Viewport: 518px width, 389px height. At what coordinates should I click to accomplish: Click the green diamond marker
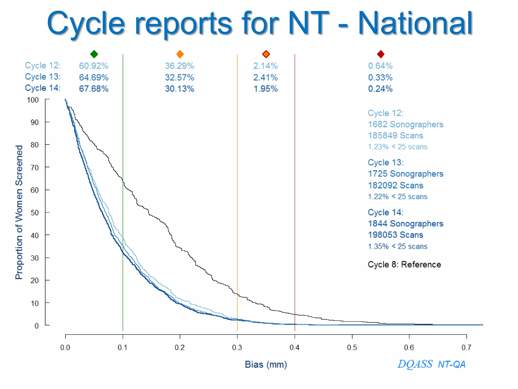tap(94, 54)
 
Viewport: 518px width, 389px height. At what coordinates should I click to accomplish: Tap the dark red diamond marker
tap(380, 54)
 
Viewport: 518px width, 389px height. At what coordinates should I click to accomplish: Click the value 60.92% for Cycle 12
tap(94, 66)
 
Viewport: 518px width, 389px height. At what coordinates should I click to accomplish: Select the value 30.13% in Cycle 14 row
tap(179, 89)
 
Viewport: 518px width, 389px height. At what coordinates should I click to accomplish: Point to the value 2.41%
tap(265, 77)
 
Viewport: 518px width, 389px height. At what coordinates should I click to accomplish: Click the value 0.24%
tap(380, 89)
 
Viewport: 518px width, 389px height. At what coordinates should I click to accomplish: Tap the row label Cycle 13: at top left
tap(42, 76)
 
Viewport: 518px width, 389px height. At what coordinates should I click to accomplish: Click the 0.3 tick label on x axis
tap(237, 347)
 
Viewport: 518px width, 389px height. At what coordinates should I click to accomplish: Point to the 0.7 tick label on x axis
tap(466, 347)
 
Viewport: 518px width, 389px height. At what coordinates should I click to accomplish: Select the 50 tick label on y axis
tap(35, 212)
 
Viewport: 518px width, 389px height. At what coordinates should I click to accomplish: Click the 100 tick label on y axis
tap(33, 100)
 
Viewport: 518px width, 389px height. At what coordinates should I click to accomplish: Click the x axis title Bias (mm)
tap(266, 364)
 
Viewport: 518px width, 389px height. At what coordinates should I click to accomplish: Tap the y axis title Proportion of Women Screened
tap(19, 212)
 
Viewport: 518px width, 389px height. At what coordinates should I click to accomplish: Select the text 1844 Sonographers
tap(405, 223)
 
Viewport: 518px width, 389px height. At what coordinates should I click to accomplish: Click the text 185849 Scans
tap(395, 135)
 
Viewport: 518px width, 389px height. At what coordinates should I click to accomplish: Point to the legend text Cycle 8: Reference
tap(404, 264)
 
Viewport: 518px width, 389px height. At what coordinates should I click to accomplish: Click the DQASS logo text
tap(415, 364)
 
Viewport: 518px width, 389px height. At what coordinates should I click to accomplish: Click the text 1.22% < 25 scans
tap(397, 197)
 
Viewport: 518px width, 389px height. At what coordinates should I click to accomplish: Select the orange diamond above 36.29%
tap(180, 54)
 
